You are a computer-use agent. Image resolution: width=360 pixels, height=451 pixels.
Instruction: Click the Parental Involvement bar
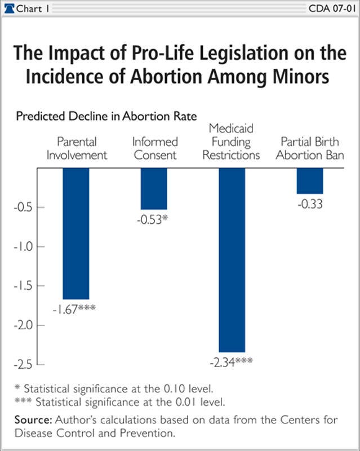point(75,233)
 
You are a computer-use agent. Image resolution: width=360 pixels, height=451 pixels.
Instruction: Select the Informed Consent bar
point(154,188)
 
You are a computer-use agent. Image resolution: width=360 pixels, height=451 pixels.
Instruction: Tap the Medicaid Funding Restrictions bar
point(232,259)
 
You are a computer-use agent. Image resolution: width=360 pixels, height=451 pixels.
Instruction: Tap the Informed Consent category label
point(154,148)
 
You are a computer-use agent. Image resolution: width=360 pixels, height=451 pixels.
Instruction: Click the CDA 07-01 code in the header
point(332,8)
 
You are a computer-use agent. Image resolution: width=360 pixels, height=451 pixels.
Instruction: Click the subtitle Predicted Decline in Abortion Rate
point(106,117)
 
